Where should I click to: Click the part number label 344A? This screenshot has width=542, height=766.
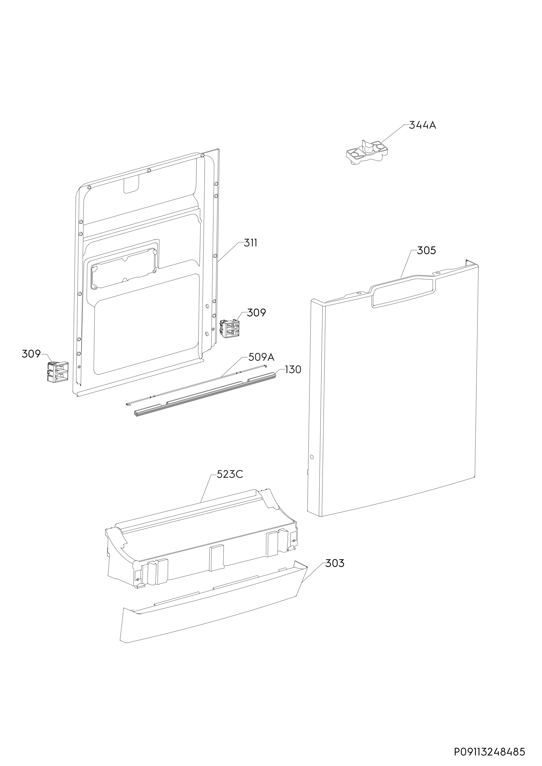(x=422, y=125)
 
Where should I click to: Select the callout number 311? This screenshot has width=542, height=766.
(x=251, y=243)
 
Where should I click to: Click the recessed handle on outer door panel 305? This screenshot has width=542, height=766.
(x=403, y=292)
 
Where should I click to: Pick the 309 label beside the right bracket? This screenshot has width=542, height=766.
(x=257, y=312)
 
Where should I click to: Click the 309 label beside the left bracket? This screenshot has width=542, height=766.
(x=31, y=354)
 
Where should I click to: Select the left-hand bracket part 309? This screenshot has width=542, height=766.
(x=57, y=371)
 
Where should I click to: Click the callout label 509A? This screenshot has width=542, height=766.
(x=261, y=357)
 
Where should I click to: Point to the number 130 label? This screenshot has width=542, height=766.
(x=293, y=369)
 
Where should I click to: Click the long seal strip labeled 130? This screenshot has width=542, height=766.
(x=207, y=393)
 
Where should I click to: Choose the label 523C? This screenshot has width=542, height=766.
(x=230, y=474)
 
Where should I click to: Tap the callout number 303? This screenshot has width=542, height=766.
(x=335, y=563)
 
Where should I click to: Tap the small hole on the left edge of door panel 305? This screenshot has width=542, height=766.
(x=312, y=456)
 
